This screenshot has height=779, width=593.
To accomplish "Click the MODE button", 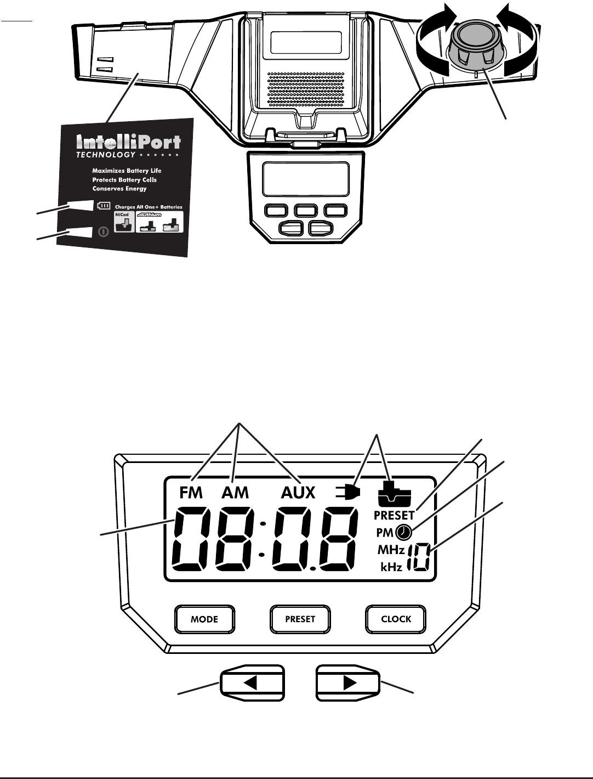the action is point(204,619).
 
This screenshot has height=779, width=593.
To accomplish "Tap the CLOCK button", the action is point(396,619).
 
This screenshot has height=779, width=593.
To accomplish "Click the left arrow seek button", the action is point(252,683).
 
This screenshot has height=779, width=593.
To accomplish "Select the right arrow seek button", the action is point(348,683).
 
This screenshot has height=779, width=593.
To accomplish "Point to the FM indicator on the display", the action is point(191,493).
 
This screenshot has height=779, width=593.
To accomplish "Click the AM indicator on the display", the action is point(235,493).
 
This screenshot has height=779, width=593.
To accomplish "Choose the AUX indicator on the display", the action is point(298,493).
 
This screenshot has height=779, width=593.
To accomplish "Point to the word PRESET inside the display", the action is point(394,516).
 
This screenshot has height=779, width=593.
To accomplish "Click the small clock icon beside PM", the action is point(403,532).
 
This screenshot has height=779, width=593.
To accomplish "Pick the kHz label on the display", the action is point(391,567).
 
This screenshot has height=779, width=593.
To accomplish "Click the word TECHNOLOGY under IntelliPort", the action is point(105,155).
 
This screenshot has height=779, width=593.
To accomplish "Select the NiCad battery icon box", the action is point(123,222).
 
